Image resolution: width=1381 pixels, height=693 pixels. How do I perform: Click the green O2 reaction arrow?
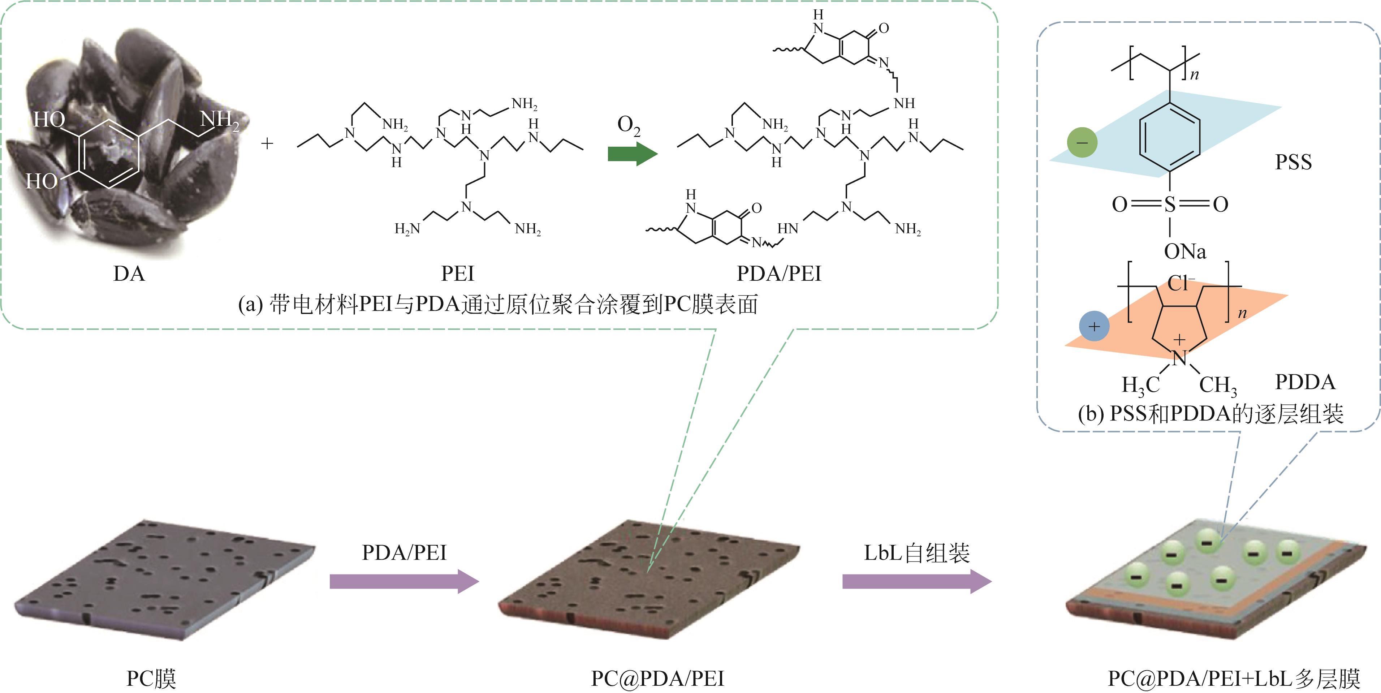point(631,155)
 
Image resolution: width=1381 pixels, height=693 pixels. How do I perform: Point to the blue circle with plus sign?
point(1094,326)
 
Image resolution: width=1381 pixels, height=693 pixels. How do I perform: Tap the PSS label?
point(1293,162)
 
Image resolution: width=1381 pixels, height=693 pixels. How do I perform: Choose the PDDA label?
point(1305,382)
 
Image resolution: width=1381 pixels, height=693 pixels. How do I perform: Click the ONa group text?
point(1185,251)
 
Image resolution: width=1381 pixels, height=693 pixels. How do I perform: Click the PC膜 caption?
point(151,679)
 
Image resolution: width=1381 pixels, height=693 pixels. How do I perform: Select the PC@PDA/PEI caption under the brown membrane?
point(657,679)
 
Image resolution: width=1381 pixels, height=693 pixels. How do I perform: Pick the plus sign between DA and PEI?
point(267,144)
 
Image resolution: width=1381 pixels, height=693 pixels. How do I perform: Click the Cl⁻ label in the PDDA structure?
point(1180,283)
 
